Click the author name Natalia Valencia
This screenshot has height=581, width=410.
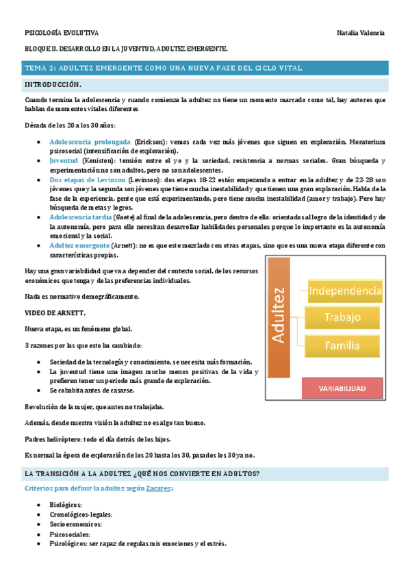361,33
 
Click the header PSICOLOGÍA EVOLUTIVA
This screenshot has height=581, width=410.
62,33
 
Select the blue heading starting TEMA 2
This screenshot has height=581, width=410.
163,68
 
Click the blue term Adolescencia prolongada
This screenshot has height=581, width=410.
90,141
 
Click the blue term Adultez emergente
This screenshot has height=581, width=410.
79,245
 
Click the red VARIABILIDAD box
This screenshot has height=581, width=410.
342,388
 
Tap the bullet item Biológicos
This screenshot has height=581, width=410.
66,504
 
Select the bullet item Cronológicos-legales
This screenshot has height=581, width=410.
81,514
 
